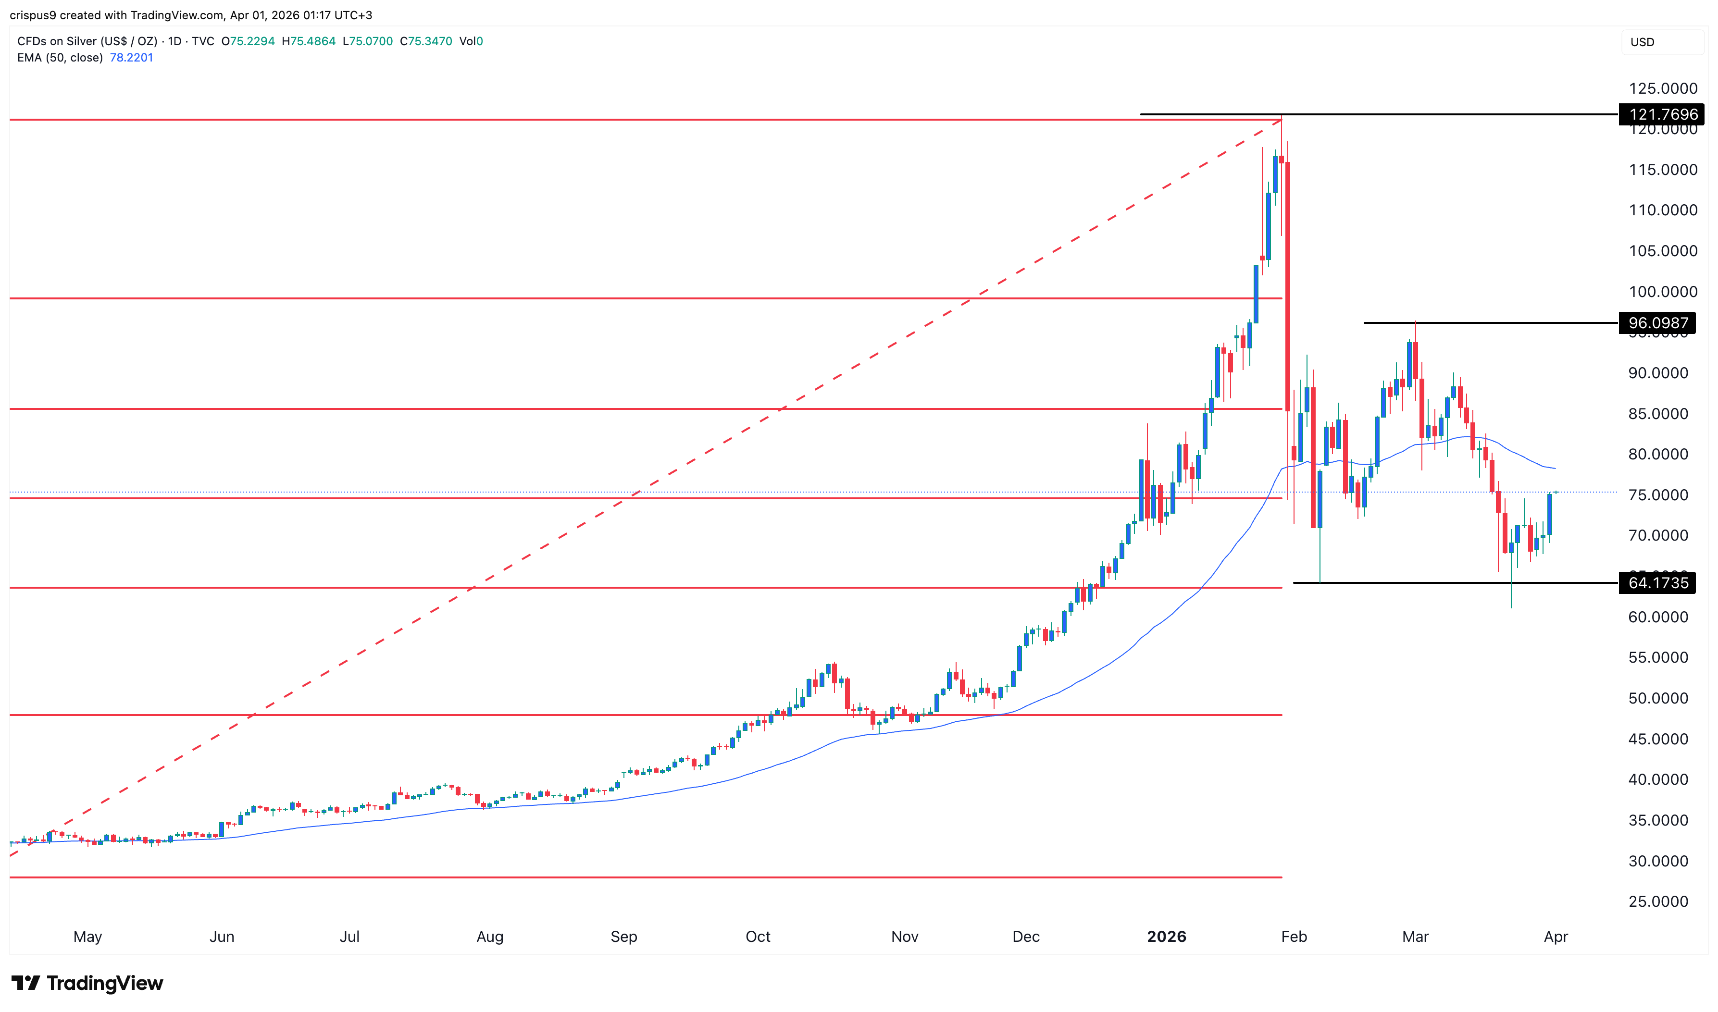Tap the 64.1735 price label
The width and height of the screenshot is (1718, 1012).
click(x=1657, y=583)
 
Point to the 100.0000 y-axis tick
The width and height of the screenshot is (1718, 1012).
click(x=1662, y=292)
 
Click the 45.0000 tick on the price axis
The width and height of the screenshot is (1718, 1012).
click(x=1658, y=739)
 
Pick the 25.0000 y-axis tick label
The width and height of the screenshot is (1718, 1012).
click(x=1658, y=901)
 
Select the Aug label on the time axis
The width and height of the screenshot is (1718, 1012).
click(x=490, y=937)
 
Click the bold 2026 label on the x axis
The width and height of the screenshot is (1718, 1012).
click(x=1166, y=937)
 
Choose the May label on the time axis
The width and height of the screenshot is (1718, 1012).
click(x=87, y=937)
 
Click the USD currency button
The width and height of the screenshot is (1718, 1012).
click(x=1643, y=42)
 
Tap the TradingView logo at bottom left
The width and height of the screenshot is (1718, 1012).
click(x=87, y=983)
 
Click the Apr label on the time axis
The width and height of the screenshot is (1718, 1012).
click(x=1556, y=937)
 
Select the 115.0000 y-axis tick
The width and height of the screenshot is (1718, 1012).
click(x=1662, y=170)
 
